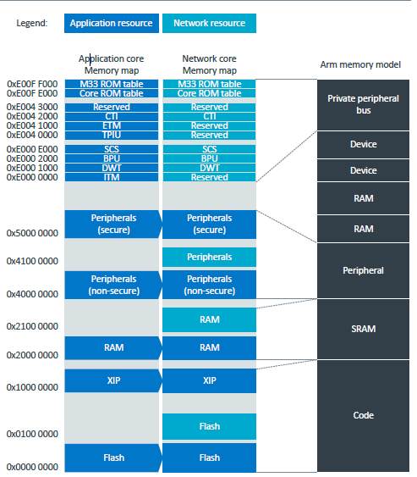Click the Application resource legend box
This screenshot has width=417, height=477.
[x=112, y=24]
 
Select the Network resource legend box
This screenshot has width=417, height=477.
[x=209, y=24]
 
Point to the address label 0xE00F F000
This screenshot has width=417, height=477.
[x=33, y=84]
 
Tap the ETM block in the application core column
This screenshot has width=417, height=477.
[x=112, y=125]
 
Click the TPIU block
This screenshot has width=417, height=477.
[x=112, y=135]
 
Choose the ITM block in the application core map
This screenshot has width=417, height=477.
[x=112, y=177]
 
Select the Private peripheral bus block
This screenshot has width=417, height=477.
[x=363, y=104]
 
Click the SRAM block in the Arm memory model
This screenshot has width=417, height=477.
[x=363, y=329]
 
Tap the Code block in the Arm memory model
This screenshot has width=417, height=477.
[x=363, y=415]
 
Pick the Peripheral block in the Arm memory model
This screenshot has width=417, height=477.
[x=363, y=270]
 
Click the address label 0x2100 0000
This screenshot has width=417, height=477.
[x=33, y=326]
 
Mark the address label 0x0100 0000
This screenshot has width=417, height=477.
[x=33, y=434]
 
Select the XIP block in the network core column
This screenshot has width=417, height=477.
[x=209, y=380]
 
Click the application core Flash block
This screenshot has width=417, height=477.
[x=112, y=458]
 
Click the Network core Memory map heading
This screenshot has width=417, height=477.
[x=209, y=64]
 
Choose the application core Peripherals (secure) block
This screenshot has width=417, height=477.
[x=112, y=224]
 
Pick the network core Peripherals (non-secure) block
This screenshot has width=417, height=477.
[x=209, y=285]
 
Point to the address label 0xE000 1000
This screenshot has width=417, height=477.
[x=33, y=168]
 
